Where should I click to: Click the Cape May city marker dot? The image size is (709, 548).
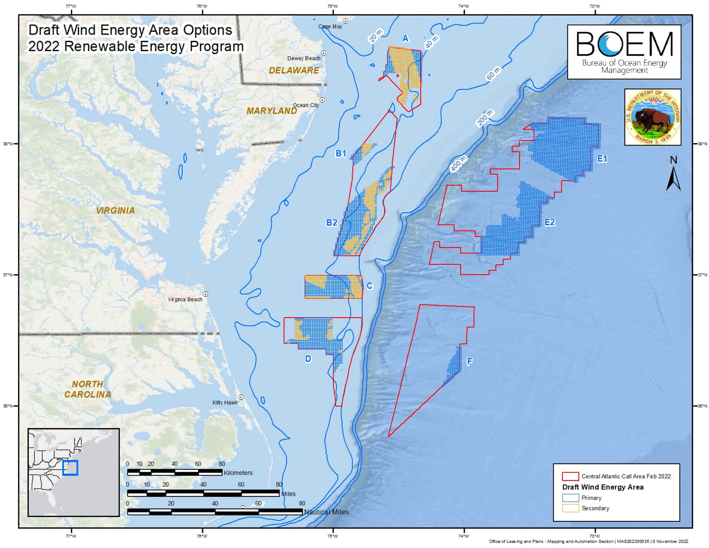pyautogui.click(x=346, y=21)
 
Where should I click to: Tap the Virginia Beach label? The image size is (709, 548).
pyautogui.click(x=185, y=299)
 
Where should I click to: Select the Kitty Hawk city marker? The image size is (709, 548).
pyautogui.click(x=241, y=397)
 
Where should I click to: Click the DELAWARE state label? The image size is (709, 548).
pyautogui.click(x=294, y=71)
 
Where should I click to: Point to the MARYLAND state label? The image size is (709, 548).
pyautogui.click(x=272, y=111)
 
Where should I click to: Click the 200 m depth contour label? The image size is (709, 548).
pyautogui.click(x=485, y=118)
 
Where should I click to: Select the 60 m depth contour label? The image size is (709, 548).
pyautogui.click(x=493, y=73)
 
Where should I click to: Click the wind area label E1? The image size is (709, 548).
pyautogui.click(x=602, y=159)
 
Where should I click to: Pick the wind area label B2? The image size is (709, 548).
pyautogui.click(x=331, y=223)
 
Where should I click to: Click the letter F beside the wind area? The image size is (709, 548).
pyautogui.click(x=469, y=362)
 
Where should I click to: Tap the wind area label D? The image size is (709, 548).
pyautogui.click(x=308, y=359)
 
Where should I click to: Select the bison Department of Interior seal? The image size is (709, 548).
pyautogui.click(x=653, y=117)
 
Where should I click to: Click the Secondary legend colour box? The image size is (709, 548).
pyautogui.click(x=570, y=508)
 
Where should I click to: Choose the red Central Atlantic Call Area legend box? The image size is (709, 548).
pyautogui.click(x=570, y=476)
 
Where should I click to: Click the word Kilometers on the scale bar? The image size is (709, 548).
pyautogui.click(x=238, y=473)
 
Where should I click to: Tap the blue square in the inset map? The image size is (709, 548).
pyautogui.click(x=70, y=467)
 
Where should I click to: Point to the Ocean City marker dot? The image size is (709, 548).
pyautogui.click(x=322, y=100)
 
